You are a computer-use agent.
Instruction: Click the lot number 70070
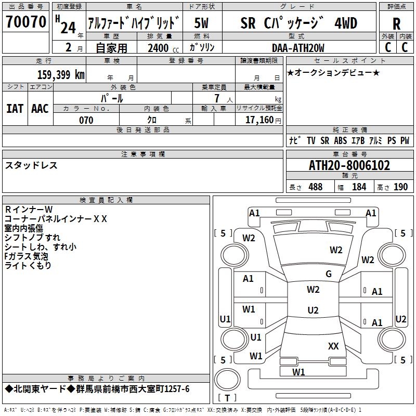26,22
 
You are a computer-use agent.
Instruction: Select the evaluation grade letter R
396,23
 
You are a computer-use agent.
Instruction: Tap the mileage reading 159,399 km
61,74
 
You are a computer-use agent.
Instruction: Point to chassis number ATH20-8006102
349,165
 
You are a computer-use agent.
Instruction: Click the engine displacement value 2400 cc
160,48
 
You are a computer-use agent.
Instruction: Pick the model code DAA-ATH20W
298,48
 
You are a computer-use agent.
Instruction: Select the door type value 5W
202,23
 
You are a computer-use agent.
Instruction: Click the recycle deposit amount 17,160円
263,120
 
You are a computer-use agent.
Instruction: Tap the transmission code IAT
15,109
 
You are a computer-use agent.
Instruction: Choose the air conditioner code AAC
40,109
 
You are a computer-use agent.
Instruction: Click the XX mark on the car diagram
333,346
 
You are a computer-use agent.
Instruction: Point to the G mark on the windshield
329,274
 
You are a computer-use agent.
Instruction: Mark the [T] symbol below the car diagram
227,398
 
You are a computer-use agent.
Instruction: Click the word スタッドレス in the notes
31,165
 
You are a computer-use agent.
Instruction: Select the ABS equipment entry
341,141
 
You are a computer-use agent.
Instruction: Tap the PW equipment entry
405,141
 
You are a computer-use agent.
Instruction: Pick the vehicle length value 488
315,187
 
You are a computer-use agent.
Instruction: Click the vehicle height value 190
400,187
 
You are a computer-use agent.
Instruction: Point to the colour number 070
86,120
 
